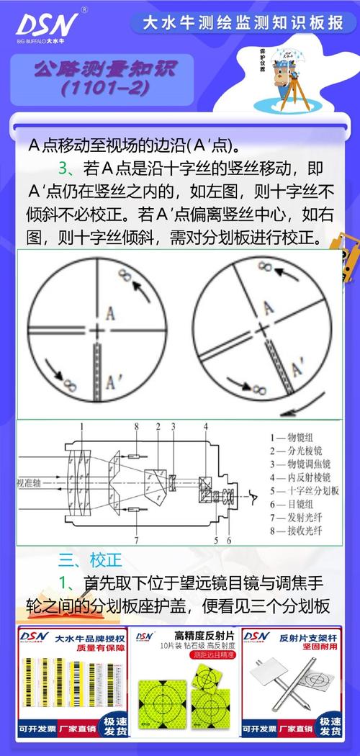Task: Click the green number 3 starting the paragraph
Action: (63, 170)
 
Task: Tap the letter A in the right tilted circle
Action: (269, 309)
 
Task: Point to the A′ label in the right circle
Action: (297, 370)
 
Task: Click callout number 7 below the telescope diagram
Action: (135, 539)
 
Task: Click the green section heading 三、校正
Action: (90, 559)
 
